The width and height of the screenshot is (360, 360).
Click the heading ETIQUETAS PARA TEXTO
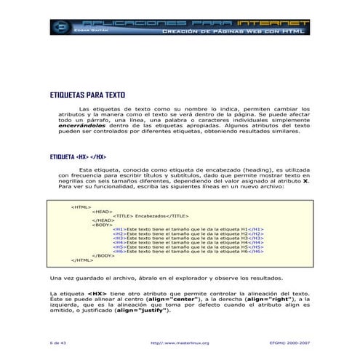pos(87,95)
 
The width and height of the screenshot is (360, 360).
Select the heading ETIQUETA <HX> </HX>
pos(78,157)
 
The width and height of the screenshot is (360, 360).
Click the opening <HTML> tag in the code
pos(81,207)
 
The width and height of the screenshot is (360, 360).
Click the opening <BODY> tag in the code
pos(102,225)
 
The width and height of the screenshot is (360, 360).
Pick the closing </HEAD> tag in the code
pos(103,220)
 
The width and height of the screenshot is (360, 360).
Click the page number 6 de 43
pos(58,342)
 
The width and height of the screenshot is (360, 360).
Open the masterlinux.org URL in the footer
pos(179,342)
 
